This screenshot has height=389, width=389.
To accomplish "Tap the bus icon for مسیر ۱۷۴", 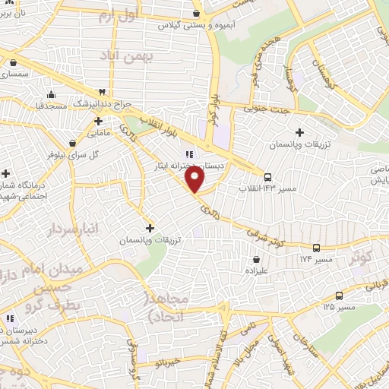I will tap(317, 247).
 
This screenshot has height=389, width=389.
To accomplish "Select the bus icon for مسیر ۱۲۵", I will tap(339, 296).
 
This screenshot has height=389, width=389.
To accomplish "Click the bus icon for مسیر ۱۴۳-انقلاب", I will tap(267, 176).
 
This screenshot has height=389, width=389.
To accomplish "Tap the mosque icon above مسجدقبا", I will tap(51, 94).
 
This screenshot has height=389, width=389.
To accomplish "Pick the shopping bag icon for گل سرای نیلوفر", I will tap(72, 142).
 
